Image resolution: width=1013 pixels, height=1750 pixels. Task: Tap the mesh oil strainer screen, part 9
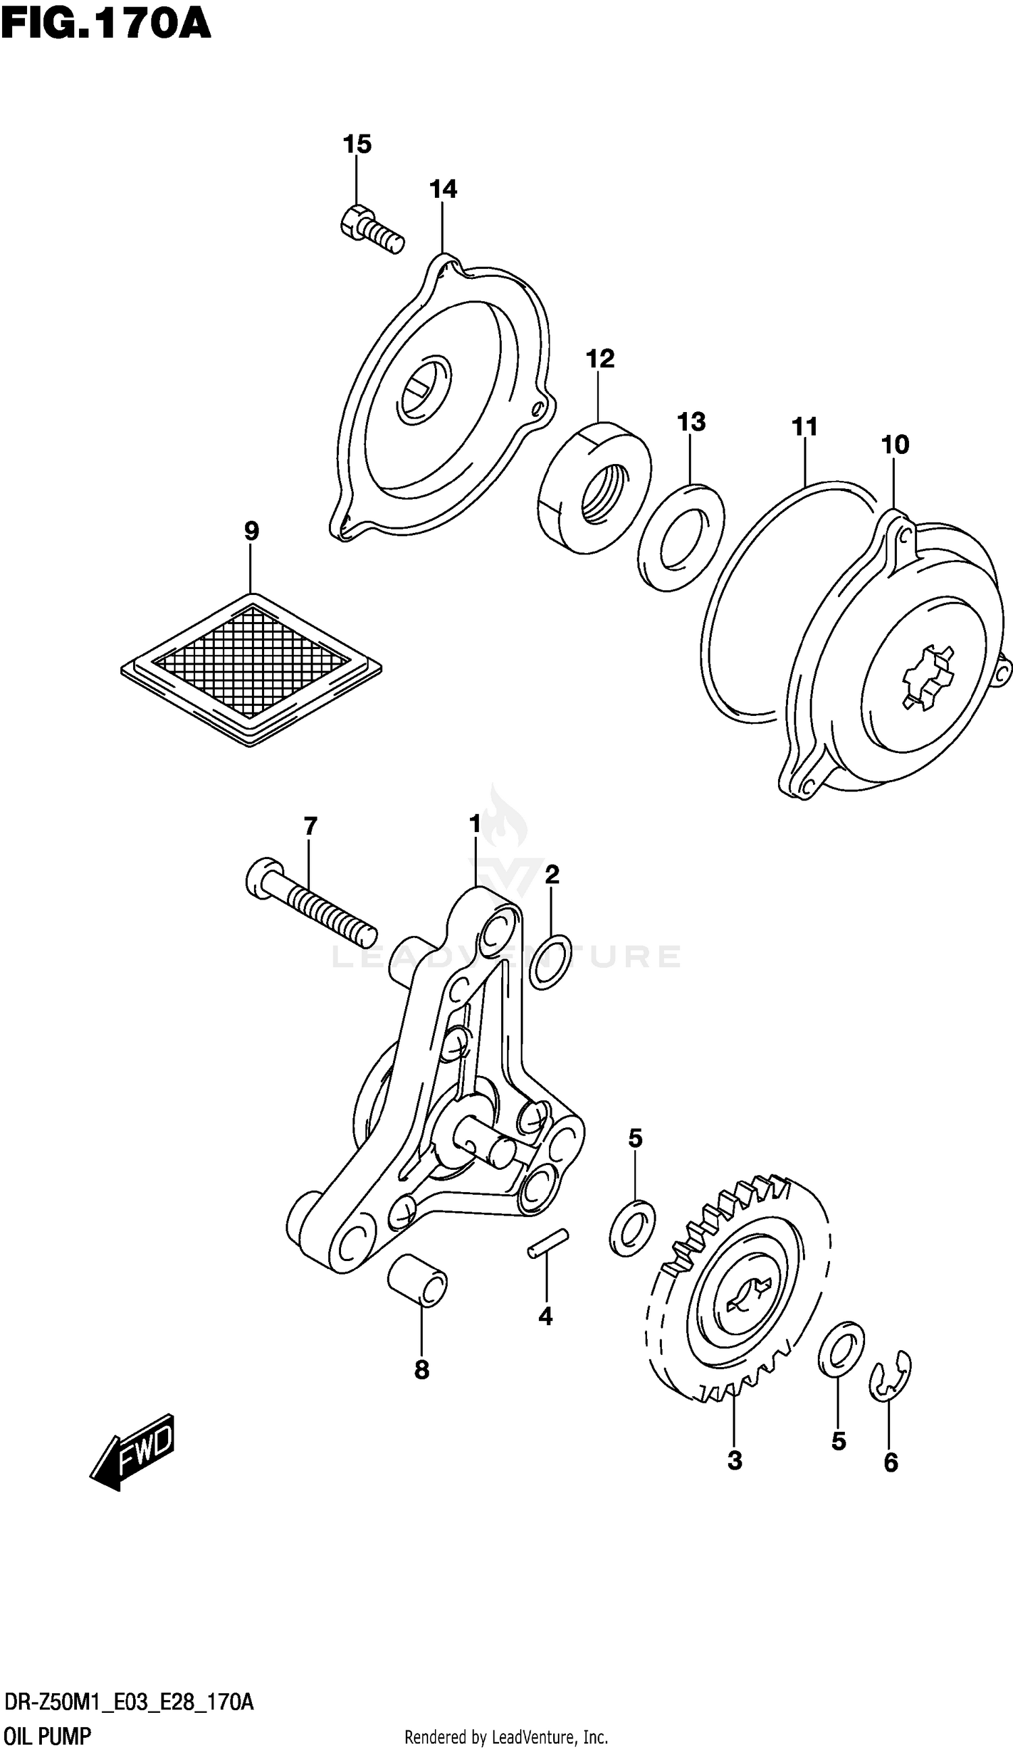click(251, 669)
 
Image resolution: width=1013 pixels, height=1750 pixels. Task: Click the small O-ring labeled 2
click(550, 962)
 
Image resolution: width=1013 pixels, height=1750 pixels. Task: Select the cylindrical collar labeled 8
click(417, 1281)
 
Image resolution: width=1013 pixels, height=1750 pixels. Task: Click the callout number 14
click(443, 189)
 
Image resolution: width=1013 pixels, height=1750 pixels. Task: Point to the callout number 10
click(895, 444)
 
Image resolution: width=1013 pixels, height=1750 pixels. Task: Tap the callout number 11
click(805, 426)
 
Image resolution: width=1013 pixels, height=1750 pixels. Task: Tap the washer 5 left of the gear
click(632, 1227)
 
